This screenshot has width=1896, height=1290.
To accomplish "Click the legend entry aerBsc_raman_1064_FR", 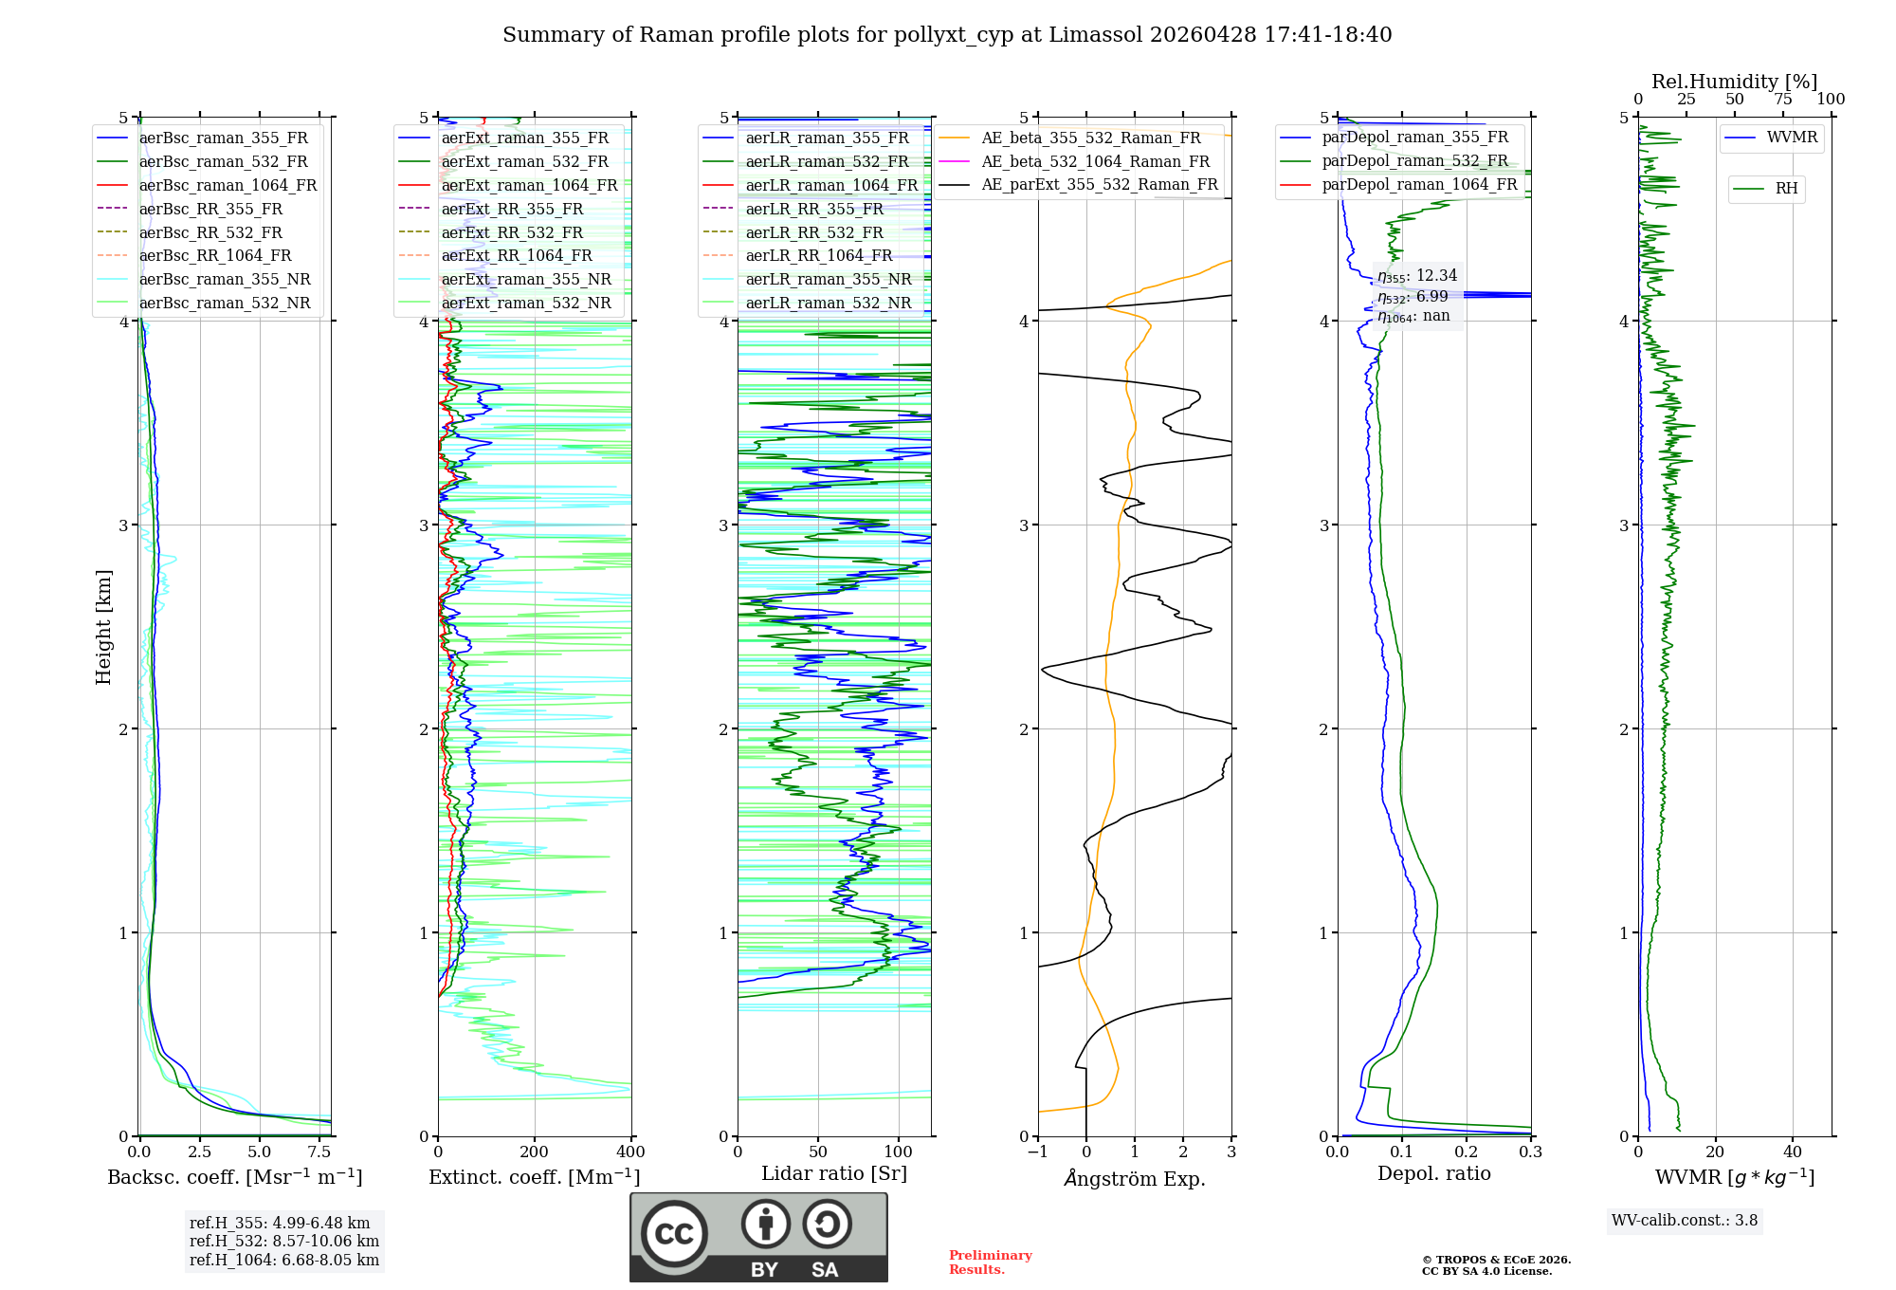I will click(228, 185).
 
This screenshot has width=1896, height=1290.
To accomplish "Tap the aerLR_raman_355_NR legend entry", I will click(828, 279).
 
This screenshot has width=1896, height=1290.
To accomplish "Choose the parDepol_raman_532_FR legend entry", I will click(1414, 160).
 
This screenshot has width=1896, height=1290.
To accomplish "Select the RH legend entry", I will click(1786, 189).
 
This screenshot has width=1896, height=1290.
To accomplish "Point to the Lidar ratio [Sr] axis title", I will click(833, 1173).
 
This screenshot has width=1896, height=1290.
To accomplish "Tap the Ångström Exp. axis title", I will click(1135, 1178).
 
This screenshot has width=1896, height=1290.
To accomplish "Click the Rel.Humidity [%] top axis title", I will click(1734, 82).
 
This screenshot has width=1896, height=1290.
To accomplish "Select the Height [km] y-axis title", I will click(103, 627).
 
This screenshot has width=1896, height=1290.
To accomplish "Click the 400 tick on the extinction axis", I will click(630, 1152).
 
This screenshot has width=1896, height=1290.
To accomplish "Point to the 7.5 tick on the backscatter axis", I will click(319, 1152).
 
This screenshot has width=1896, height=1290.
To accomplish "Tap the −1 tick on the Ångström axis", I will click(1038, 1152).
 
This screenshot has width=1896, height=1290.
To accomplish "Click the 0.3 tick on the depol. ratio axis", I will click(1530, 1152).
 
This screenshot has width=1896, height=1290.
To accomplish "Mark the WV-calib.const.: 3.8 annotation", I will click(1685, 1221).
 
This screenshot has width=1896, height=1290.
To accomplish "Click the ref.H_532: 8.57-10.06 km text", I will click(283, 1242).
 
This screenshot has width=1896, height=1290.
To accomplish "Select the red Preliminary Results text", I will click(990, 1262).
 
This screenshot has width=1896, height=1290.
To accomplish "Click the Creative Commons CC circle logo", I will click(674, 1233).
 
